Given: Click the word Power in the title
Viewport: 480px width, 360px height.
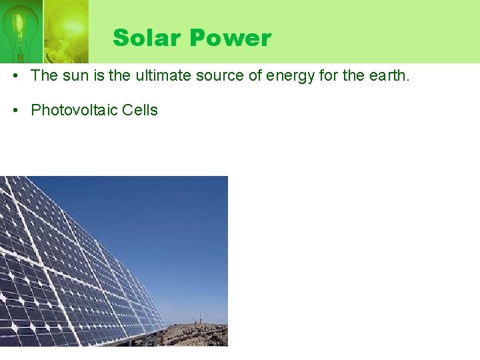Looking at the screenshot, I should (x=231, y=38).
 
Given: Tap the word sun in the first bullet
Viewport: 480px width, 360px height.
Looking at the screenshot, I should (x=76, y=76).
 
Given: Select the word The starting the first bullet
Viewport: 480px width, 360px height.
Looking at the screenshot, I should (x=45, y=76).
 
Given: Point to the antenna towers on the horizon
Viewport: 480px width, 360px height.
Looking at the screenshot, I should (x=197, y=318).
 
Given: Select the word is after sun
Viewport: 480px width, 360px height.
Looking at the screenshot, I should (x=99, y=76).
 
